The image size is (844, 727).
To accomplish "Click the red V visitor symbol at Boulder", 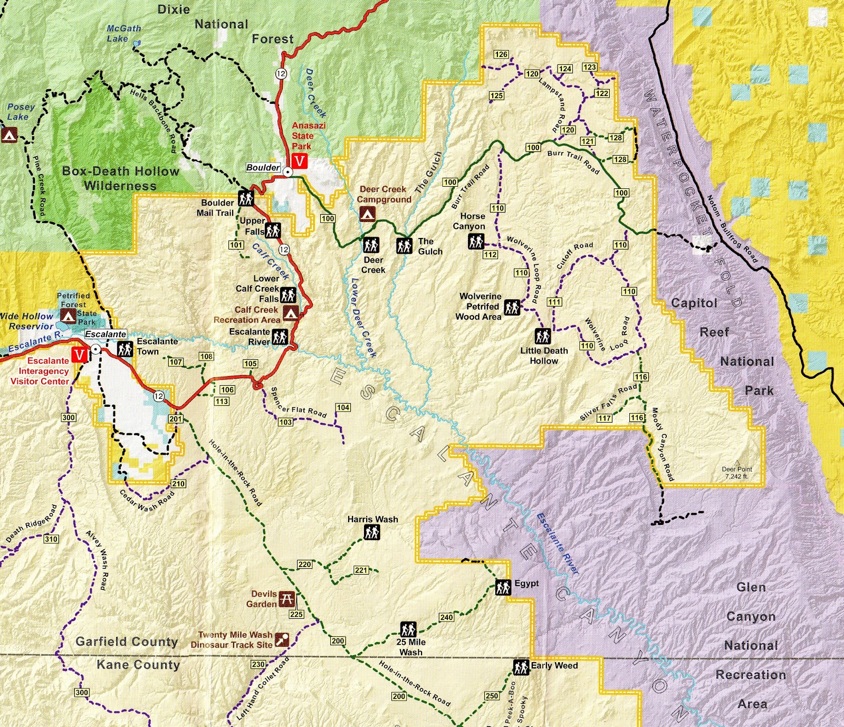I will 300,161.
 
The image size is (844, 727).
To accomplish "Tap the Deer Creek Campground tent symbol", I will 368,214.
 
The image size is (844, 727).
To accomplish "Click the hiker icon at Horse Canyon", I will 476,242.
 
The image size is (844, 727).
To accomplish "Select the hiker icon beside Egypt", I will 503,587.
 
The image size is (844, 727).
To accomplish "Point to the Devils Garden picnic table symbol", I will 286,599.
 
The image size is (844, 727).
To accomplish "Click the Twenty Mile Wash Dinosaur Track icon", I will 282,639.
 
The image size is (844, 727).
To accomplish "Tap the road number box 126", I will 501,54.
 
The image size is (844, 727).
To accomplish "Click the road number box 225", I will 296,614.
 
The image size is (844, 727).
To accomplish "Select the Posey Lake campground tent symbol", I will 9,135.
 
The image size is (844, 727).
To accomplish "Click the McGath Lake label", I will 123,33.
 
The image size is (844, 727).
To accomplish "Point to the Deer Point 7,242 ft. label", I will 737,472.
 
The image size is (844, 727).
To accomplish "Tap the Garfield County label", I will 127,642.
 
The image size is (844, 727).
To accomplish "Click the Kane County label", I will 138,665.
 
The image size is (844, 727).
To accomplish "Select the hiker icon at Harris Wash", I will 372,533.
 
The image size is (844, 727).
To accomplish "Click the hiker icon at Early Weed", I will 521,667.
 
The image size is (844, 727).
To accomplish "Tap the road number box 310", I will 51,539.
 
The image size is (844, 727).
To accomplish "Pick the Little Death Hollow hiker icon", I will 543,336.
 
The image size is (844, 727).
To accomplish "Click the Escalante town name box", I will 105,334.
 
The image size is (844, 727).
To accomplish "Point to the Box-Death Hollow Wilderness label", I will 120,178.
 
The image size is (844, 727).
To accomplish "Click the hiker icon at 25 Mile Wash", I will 408,629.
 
